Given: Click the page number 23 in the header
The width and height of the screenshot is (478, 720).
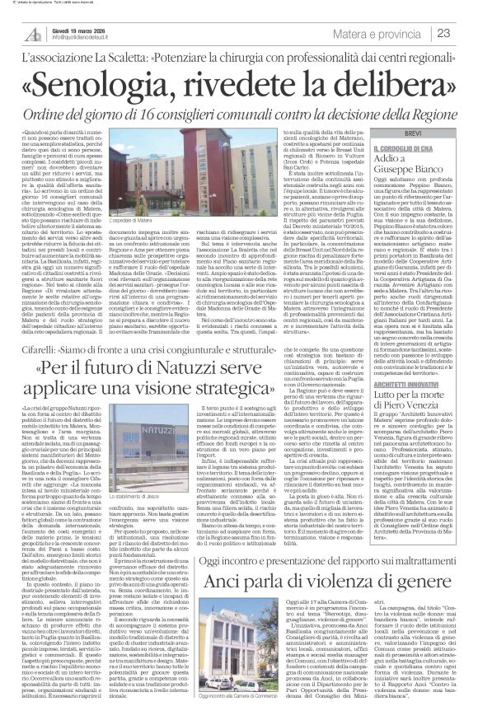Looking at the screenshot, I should point(458,32).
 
